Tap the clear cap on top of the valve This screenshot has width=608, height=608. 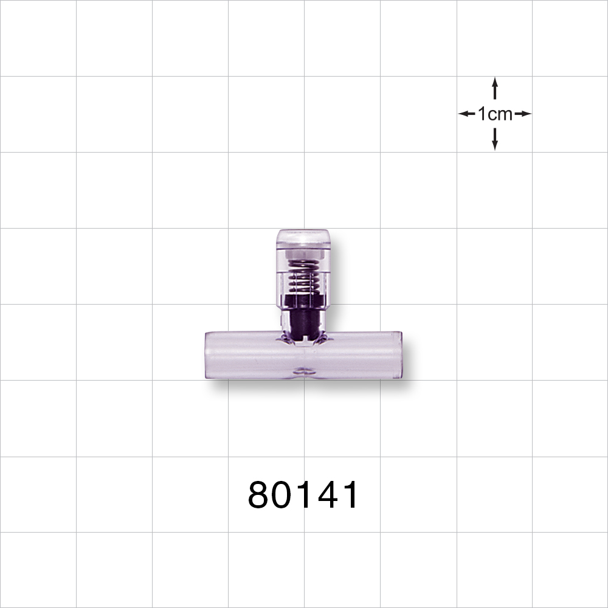click(303, 237)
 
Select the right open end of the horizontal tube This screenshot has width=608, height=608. click(399, 355)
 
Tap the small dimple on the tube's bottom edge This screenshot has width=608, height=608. click(302, 370)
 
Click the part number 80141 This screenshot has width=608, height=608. click(303, 495)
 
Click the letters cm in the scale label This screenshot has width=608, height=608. click(500, 114)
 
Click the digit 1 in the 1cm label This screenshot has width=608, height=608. click(482, 114)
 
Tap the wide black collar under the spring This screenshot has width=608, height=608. click(302, 300)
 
